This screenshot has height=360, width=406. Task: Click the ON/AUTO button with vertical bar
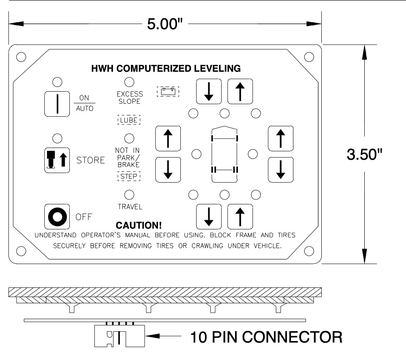click(x=57, y=103)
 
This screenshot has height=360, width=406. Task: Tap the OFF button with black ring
click(x=57, y=218)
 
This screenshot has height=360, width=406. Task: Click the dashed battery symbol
click(x=168, y=92)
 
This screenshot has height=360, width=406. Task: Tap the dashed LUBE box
click(x=129, y=120)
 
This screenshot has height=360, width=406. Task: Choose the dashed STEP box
click(x=129, y=177)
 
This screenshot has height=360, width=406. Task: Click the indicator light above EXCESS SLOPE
click(x=129, y=81)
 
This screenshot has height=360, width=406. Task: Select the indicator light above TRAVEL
click(x=129, y=195)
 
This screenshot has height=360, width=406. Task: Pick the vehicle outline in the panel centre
click(x=224, y=154)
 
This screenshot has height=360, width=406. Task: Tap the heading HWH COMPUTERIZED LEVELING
click(x=166, y=68)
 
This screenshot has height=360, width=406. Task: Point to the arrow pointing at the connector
click(x=162, y=336)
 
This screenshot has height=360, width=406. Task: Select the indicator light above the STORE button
click(x=57, y=138)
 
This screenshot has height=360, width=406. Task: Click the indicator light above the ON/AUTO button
click(x=57, y=81)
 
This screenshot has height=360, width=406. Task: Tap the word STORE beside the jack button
click(x=91, y=160)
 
